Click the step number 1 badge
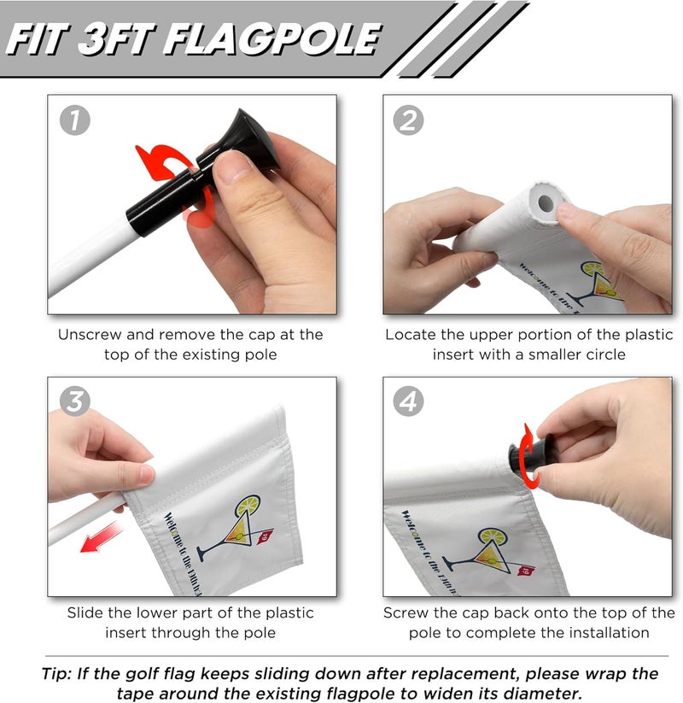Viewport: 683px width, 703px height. click(x=74, y=121)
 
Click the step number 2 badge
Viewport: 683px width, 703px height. click(x=408, y=121)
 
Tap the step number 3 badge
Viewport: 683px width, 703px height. click(x=74, y=401)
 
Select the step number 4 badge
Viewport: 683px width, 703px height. click(x=408, y=401)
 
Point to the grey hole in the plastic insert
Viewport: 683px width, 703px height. click(x=542, y=203)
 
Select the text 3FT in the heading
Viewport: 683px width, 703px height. click(x=122, y=39)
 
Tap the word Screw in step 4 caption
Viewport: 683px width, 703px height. click(x=405, y=613)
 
